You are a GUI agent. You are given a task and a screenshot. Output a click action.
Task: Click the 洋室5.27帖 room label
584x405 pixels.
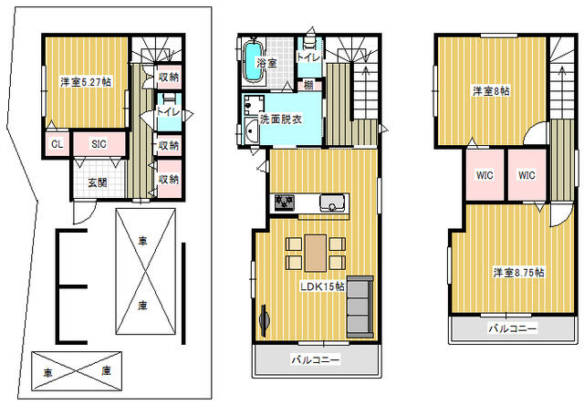(86, 82)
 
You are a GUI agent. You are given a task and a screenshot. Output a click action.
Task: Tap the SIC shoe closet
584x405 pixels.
(99, 144)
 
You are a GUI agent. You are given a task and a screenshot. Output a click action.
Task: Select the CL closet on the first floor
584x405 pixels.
(57, 144)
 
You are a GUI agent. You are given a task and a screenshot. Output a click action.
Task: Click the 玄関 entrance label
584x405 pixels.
(98, 182)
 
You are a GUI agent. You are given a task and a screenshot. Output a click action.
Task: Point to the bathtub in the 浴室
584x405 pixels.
(253, 62)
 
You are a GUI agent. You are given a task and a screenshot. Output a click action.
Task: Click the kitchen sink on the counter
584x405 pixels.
(332, 202)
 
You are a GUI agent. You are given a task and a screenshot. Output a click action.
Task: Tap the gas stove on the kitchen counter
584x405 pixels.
(285, 202)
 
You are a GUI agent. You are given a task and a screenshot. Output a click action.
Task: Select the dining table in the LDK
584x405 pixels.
(316, 254)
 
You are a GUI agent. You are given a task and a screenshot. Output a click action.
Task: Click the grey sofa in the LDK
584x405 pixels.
(360, 306)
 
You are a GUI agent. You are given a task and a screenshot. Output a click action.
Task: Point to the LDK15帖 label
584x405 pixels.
(322, 286)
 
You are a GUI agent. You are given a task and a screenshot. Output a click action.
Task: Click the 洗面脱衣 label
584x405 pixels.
(280, 119)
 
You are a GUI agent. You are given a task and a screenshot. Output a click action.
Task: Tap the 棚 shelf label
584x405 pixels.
(308, 85)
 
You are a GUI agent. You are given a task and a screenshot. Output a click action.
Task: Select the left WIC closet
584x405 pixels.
(485, 175)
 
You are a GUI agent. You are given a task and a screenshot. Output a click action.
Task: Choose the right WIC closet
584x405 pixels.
(527, 175)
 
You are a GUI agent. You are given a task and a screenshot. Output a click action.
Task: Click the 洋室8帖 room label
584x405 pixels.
(491, 91)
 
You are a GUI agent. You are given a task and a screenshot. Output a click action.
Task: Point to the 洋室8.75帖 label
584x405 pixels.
(519, 273)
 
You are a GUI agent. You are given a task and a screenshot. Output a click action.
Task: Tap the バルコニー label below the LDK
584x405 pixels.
(316, 360)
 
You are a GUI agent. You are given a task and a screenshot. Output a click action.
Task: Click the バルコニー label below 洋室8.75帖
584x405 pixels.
(513, 328)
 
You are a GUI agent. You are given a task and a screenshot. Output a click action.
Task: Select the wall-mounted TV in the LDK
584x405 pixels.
(264, 320)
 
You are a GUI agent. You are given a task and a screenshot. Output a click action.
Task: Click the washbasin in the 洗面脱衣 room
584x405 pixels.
(252, 131)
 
